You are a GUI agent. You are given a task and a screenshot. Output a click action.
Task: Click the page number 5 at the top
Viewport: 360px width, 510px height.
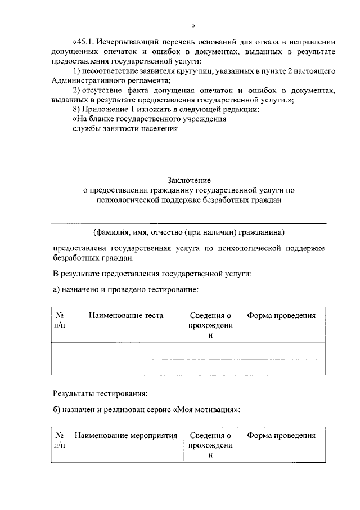193,26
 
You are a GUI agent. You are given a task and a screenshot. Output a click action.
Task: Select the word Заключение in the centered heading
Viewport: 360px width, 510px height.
188,181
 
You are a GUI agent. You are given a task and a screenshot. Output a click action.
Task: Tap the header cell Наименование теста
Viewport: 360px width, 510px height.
126,316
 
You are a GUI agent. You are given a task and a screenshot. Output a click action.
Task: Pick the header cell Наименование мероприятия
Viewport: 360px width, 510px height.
126,436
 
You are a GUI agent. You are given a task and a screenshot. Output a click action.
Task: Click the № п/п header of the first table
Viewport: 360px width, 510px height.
59,321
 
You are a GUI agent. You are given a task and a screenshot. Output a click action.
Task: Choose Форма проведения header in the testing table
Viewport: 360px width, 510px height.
281,316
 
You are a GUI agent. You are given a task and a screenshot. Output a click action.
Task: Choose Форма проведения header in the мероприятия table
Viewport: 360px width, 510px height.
281,436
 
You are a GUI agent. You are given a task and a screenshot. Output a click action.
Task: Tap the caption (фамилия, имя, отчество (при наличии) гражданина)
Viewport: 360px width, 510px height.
189,232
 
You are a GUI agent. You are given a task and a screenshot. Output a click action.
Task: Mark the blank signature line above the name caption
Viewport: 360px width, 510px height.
189,223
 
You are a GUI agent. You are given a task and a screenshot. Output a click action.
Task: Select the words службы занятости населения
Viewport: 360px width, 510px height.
125,129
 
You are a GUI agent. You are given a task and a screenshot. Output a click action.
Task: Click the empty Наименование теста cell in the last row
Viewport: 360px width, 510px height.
126,367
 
